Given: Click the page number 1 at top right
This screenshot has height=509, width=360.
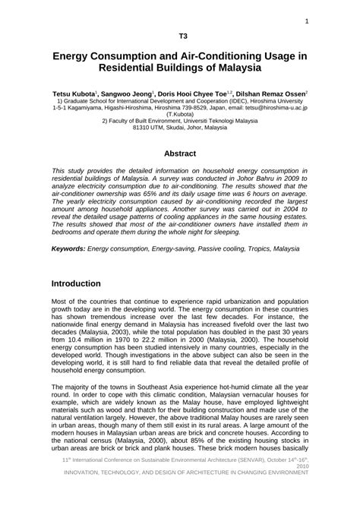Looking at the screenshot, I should coord(306,21).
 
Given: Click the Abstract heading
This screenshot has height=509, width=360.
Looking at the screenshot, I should coord(180,153).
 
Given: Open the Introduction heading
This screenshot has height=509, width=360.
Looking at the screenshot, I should coord(87,283).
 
